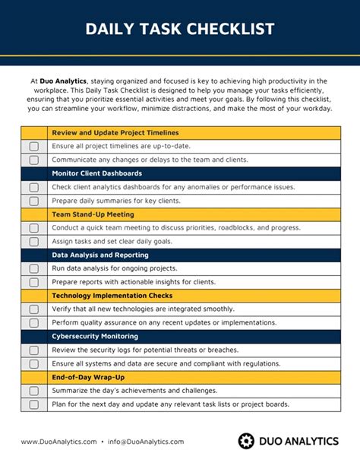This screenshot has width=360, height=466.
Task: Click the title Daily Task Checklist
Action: tap(180, 29)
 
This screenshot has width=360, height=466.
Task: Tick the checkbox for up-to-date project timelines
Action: tap(33, 146)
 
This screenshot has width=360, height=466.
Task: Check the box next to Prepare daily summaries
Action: tap(33, 201)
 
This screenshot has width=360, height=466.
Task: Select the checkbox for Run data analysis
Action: tap(33, 268)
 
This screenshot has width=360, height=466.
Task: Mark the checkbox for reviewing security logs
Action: tap(33, 350)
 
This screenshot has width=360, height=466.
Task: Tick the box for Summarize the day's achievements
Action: tap(33, 391)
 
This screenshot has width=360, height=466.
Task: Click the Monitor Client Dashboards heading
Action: tap(96, 173)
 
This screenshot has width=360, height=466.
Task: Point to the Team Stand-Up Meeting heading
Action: tap(93, 214)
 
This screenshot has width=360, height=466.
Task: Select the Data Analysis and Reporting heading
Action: tap(99, 255)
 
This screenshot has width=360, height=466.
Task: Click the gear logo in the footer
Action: tap(246, 441)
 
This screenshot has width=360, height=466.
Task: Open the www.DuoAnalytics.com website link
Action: tap(58, 442)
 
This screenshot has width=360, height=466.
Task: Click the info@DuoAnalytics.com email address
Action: tap(146, 442)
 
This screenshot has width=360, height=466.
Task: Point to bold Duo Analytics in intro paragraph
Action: tap(64, 81)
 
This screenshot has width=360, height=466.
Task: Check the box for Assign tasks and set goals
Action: tap(33, 242)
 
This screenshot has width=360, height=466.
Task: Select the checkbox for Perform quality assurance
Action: tap(33, 323)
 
